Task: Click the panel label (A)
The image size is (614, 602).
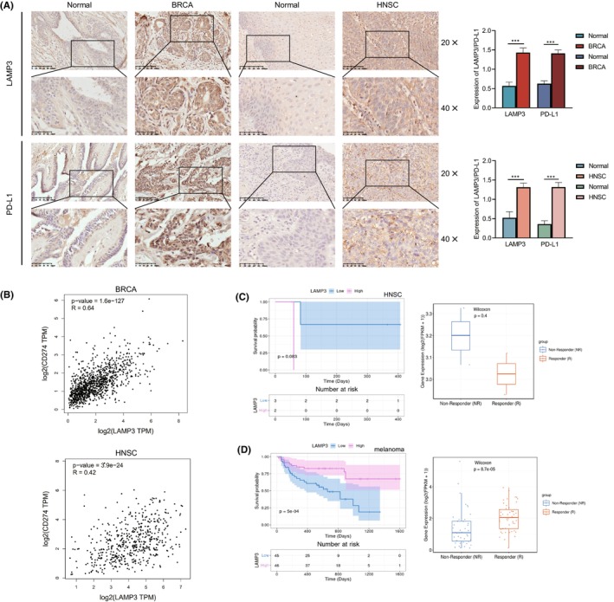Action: point(13,7)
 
